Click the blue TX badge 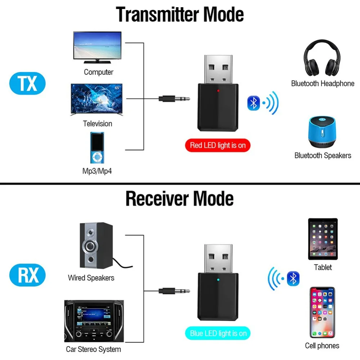[27, 84]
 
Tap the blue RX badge [27, 275]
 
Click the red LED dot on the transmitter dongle [218, 91]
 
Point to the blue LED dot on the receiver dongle [218, 280]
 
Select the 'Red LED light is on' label [218, 145]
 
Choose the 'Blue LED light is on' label [218, 333]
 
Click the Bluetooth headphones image [322, 58]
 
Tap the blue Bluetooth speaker [322, 132]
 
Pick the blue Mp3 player [97, 148]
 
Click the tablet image [323, 239]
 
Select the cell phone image [322, 312]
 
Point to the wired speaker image [96, 245]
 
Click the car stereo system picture [94, 321]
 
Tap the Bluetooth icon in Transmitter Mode [253, 103]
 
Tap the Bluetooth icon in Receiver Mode [293, 279]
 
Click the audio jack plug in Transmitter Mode [174, 99]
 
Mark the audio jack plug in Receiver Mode [174, 291]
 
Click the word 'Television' [98, 124]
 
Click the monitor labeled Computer [97, 47]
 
